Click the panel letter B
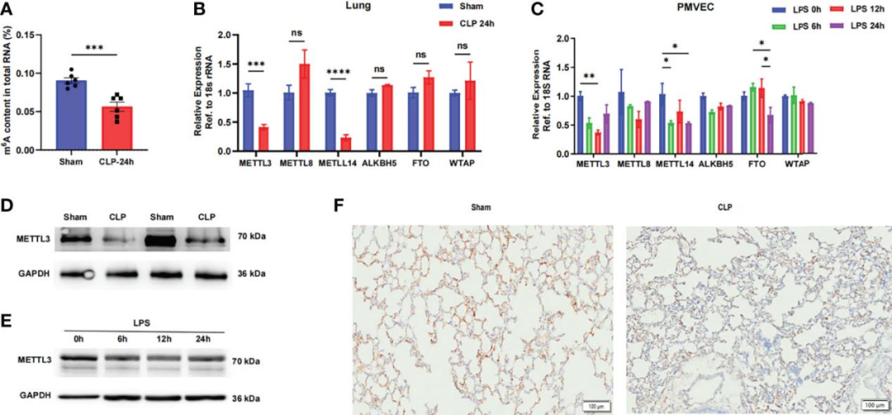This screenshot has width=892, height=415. [197, 10]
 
